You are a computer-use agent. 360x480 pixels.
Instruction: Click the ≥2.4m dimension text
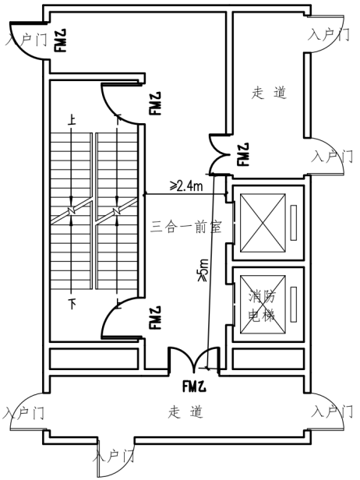186,185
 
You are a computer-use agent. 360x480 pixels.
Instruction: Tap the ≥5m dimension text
203,270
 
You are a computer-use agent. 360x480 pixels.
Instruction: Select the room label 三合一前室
186,227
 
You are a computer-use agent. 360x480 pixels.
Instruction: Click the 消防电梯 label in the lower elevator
262,305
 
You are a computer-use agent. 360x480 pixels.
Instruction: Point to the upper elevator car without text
263,223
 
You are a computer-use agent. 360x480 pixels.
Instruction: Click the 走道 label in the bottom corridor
185,411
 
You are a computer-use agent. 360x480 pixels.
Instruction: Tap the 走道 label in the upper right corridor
269,93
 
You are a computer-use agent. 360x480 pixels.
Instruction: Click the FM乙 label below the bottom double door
194,386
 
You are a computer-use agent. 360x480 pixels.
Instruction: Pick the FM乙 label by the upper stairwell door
155,103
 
